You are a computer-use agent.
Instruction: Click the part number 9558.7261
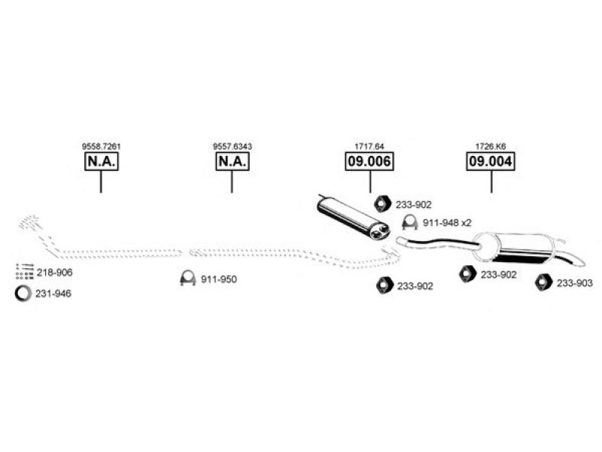[102, 146]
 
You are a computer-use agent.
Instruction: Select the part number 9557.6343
[233, 146]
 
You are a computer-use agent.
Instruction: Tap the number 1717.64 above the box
[369, 146]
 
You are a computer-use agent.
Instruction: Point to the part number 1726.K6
[491, 146]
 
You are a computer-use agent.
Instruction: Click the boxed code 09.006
[369, 161]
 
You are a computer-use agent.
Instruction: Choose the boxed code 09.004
[491, 161]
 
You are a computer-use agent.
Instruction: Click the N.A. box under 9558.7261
[102, 161]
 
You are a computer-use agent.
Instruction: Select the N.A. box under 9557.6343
[233, 161]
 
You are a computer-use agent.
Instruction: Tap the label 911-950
[219, 279]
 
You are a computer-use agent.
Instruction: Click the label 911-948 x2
[447, 223]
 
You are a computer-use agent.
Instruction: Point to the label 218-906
[54, 273]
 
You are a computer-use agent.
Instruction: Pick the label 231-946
[53, 294]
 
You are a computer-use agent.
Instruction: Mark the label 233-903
[575, 283]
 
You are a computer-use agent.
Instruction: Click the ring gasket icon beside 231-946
[17, 294]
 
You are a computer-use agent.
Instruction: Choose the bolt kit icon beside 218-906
[25, 271]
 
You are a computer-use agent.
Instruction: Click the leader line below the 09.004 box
[491, 182]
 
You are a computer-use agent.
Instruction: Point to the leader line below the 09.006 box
[370, 182]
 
